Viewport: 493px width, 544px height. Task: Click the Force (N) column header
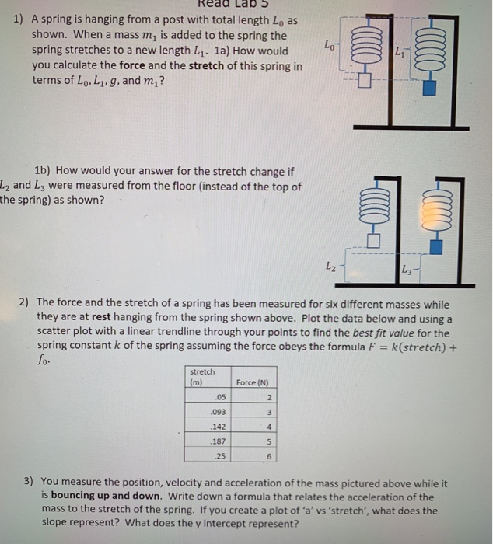253,382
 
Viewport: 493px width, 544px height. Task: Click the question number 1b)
44,171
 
